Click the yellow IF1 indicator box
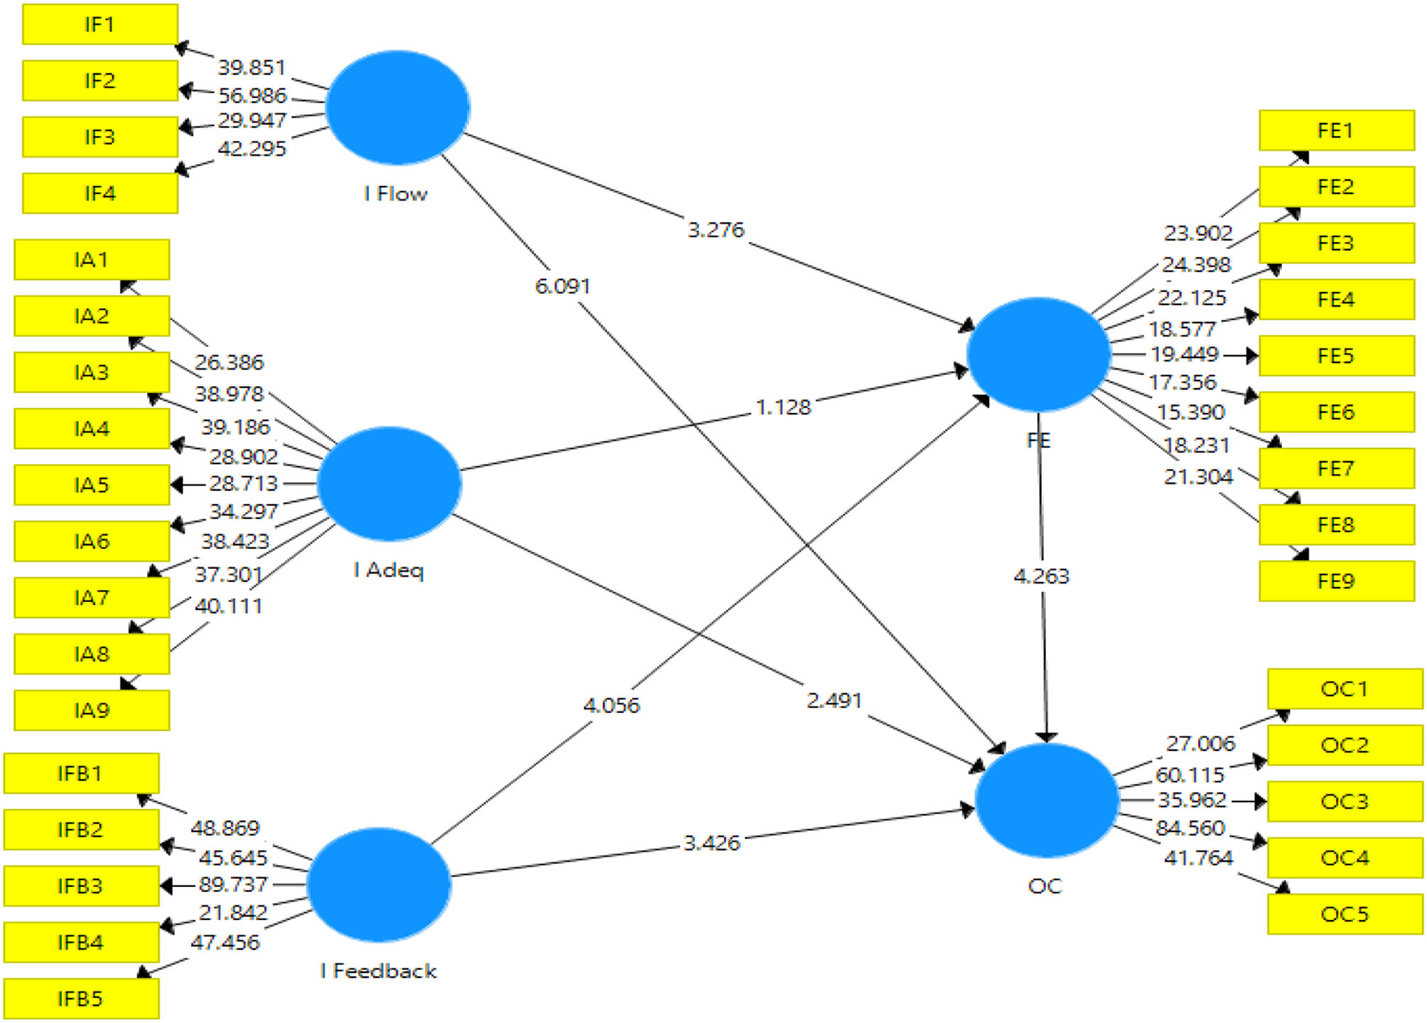pyautogui.click(x=100, y=25)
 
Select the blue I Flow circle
pyautogui.click(x=398, y=107)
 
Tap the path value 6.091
pyautogui.click(x=562, y=287)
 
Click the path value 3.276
pyautogui.click(x=715, y=230)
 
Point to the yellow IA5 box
pyautogui.click(x=92, y=485)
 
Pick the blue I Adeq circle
pyautogui.click(x=389, y=483)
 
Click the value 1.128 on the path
pyautogui.click(x=783, y=407)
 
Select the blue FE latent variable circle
pyautogui.click(x=1038, y=354)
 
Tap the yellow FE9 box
pyautogui.click(x=1336, y=581)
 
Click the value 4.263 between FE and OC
pyautogui.click(x=1041, y=576)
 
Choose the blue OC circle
pyautogui.click(x=1046, y=800)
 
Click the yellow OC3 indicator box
pyautogui.click(x=1344, y=802)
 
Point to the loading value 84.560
pyautogui.click(x=1189, y=828)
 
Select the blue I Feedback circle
pyautogui.click(x=378, y=885)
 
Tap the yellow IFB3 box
pyautogui.click(x=81, y=886)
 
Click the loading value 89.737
pyautogui.click(x=233, y=885)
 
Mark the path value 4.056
pyautogui.click(x=611, y=706)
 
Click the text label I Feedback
pyautogui.click(x=378, y=971)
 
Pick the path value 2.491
pyautogui.click(x=834, y=701)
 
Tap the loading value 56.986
pyautogui.click(x=252, y=96)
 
